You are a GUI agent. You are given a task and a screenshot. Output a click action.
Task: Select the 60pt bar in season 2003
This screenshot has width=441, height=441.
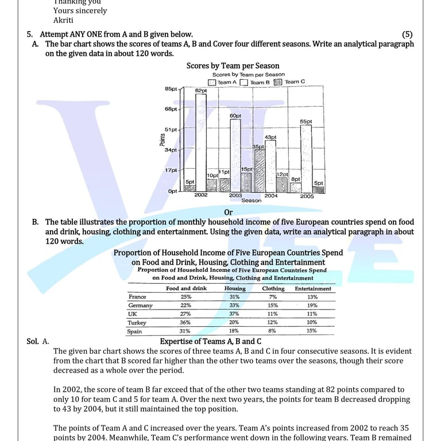point(235,155)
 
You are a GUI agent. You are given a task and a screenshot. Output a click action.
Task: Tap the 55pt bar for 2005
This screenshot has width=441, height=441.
point(306,158)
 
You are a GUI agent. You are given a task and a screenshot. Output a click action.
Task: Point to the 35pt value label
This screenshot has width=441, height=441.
point(258,147)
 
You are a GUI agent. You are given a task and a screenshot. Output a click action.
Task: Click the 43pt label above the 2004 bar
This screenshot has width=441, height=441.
point(270,137)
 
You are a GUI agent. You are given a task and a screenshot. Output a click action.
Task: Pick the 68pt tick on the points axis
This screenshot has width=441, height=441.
point(171,109)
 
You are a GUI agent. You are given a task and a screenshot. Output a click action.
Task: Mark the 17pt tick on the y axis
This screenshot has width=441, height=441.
point(171,171)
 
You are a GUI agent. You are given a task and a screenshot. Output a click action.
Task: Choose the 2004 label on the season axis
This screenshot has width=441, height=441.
point(271,196)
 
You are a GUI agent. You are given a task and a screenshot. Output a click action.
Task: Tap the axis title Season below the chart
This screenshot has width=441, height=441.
point(251,200)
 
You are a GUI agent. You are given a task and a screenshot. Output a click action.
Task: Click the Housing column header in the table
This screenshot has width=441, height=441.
point(234,288)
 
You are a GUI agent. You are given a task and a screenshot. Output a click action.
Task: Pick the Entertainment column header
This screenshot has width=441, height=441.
point(313,288)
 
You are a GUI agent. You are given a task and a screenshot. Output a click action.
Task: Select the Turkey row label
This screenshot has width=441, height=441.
point(137,323)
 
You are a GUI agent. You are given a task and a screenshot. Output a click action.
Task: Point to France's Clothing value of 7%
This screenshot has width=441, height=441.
point(273,297)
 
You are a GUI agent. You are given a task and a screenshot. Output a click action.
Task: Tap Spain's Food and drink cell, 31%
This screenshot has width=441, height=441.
point(185,331)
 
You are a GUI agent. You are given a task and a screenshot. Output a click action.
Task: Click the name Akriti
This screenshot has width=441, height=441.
point(63,20)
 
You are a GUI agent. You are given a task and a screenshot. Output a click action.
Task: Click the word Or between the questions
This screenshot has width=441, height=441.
point(229,213)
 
